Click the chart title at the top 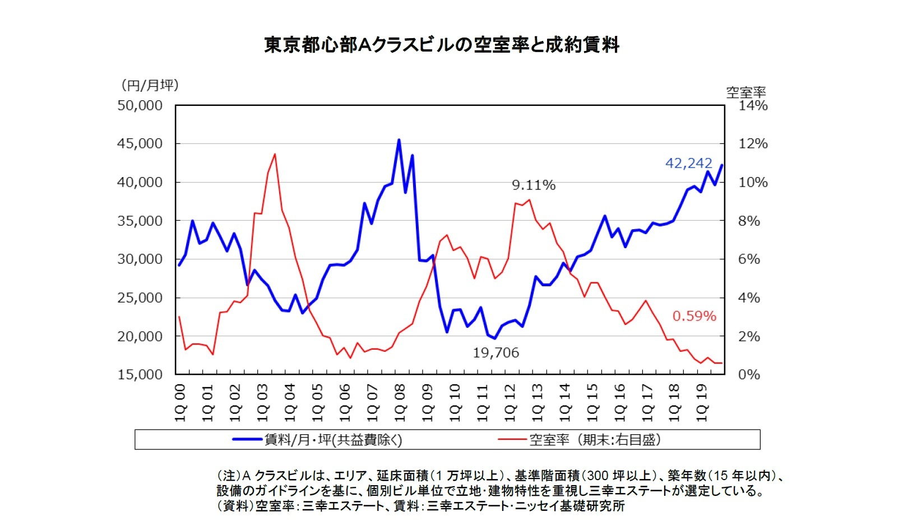point(441,44)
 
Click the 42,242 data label point(688,163)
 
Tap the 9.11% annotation point(533,185)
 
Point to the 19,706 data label point(496,352)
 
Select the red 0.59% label point(694,316)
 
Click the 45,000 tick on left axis point(140,143)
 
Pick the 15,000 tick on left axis point(140,374)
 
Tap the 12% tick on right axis point(752,143)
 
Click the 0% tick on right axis point(749,374)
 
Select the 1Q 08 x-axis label point(400,403)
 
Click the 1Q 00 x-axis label point(180,403)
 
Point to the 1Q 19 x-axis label point(702,403)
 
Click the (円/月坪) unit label point(150,85)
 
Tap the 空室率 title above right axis point(745,92)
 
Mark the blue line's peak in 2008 point(399,140)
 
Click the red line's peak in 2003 point(275,154)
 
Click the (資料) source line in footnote point(420,506)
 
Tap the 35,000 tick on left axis point(140,221)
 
